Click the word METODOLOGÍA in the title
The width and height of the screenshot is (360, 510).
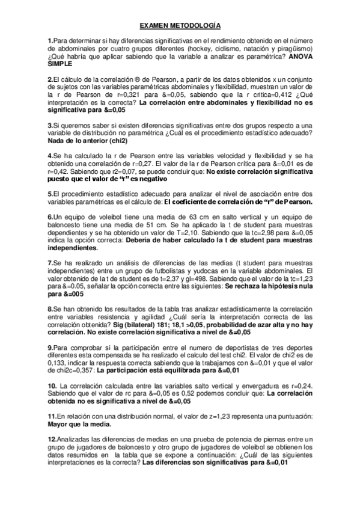tap(198, 26)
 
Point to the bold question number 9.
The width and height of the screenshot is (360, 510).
tap(50, 347)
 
